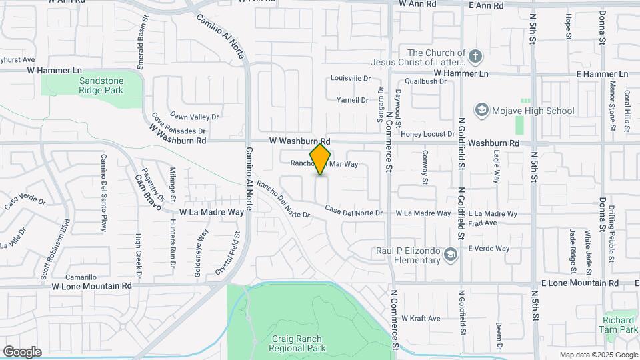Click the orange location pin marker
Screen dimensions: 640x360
[321, 159]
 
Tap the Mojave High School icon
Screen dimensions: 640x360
[481, 110]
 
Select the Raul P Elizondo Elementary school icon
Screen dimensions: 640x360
[451, 254]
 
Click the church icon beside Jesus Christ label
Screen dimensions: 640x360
[475, 56]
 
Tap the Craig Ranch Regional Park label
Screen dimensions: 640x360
[298, 343]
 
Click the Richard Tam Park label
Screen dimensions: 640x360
[620, 325]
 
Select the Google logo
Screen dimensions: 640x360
[22, 351]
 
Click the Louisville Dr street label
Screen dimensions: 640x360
[350, 78]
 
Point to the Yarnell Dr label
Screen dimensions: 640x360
[352, 100]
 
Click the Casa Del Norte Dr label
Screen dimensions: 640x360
[354, 213]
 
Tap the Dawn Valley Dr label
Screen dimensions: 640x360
[191, 115]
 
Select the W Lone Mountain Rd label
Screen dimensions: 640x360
[92, 286]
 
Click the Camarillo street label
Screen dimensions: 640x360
[81, 277]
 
